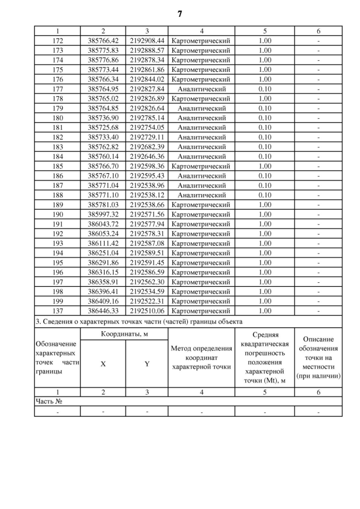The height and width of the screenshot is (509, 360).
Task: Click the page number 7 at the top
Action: [x=180, y=13]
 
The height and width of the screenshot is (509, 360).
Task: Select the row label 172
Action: [x=57, y=41]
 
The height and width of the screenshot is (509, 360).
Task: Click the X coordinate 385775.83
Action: [x=102, y=50]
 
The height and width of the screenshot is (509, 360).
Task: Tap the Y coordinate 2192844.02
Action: [x=147, y=79]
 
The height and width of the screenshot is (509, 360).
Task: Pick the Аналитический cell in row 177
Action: [x=201, y=89]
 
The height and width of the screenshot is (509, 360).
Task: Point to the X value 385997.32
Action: [x=102, y=214]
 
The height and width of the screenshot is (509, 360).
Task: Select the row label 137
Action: [x=57, y=310]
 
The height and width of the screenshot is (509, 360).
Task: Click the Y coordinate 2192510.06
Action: [x=147, y=310]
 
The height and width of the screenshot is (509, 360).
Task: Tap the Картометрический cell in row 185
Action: [x=201, y=166]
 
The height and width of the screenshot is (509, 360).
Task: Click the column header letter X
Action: [x=102, y=364]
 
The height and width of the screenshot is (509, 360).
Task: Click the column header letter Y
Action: [x=147, y=364]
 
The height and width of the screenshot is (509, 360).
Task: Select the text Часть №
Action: [x=48, y=402]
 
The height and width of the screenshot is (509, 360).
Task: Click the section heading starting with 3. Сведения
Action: [x=138, y=321]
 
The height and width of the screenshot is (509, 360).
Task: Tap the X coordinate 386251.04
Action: [x=102, y=253]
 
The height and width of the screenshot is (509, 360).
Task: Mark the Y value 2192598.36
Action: [x=147, y=166]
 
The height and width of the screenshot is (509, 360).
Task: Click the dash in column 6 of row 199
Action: [x=318, y=301]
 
